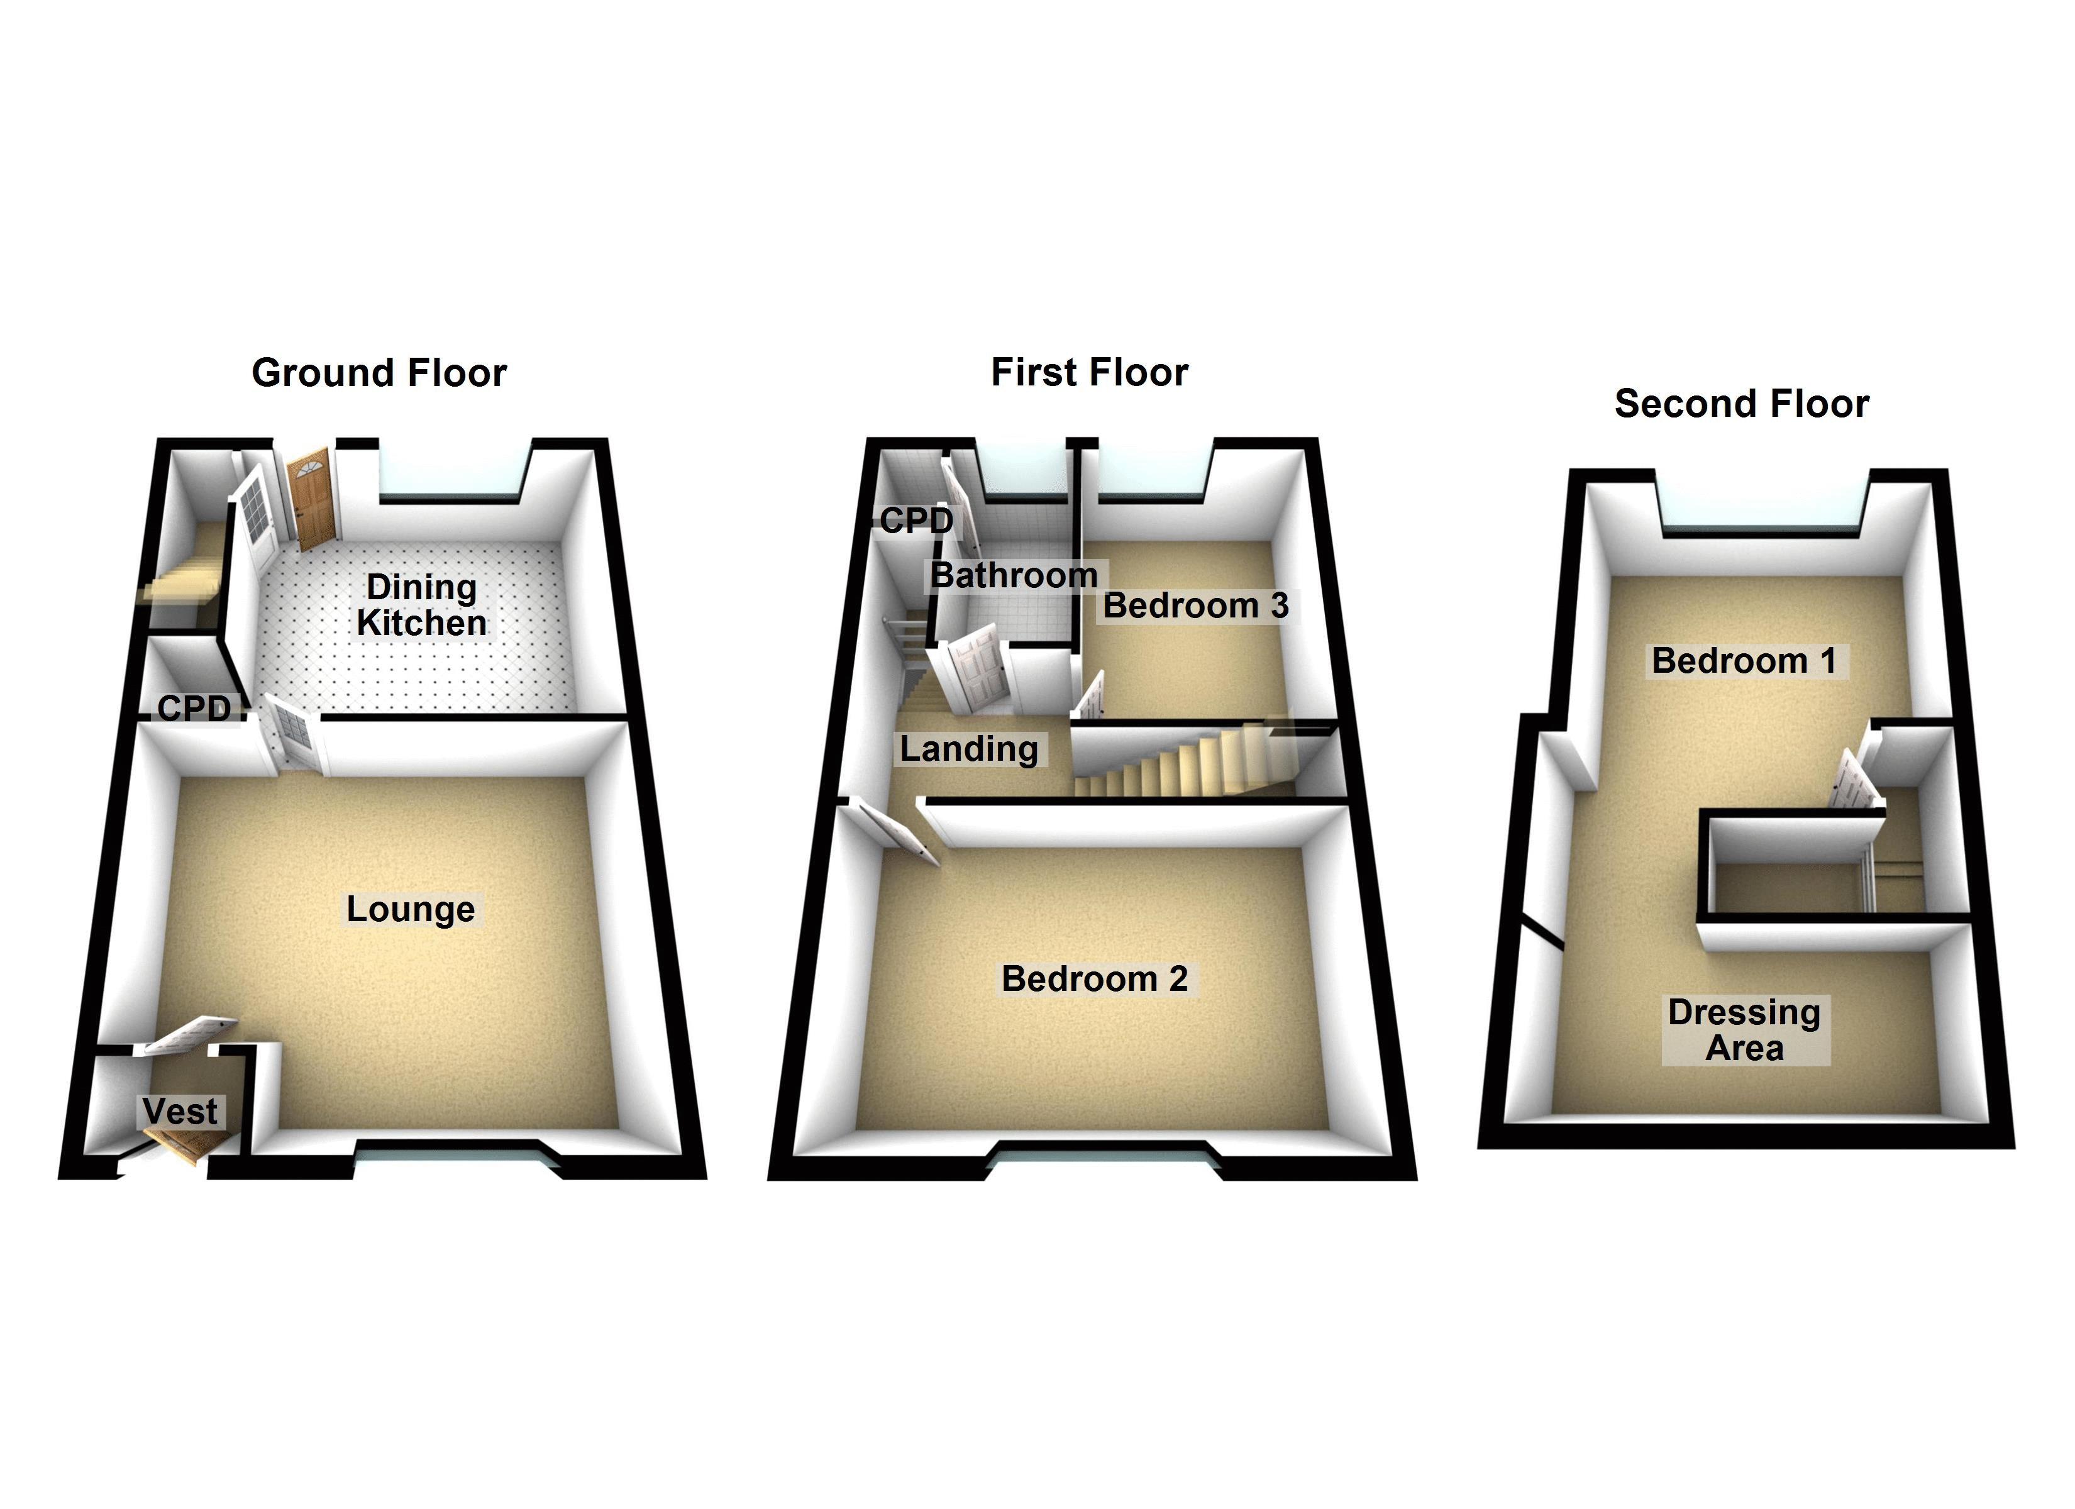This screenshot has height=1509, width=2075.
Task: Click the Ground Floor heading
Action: coord(379,373)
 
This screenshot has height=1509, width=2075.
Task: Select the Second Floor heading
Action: coord(1741,404)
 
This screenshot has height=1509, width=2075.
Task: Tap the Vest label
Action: coord(181,1111)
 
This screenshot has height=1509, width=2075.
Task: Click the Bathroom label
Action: coord(1014,575)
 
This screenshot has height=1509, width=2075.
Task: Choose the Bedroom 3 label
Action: coord(1196,605)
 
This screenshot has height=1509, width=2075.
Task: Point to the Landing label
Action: coord(969,749)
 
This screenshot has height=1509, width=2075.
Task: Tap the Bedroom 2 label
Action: coord(1094,979)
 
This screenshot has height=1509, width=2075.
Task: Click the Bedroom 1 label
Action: coord(1744,661)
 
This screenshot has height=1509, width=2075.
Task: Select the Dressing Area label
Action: coord(1744,1029)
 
